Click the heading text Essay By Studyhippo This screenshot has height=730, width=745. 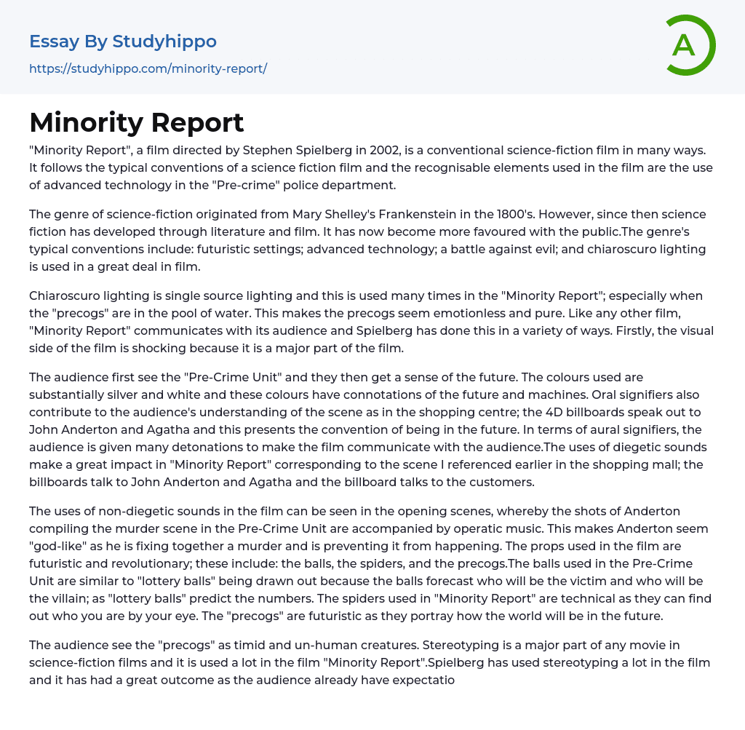(123, 41)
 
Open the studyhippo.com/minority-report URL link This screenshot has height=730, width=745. (148, 68)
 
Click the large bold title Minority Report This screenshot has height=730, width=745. (137, 122)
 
